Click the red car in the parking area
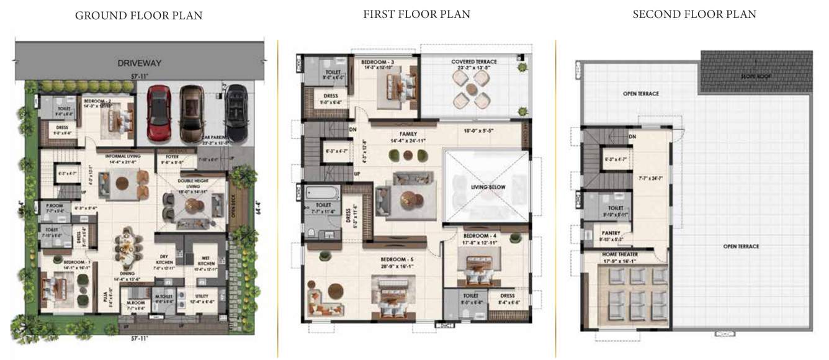pyautogui.click(x=159, y=112)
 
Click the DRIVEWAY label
pyautogui.click(x=140, y=63)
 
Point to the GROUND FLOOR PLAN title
pyautogui.click(x=138, y=16)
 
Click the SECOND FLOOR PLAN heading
pyautogui.click(x=694, y=14)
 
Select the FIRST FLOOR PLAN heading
pyautogui.click(x=416, y=14)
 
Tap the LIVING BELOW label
pyautogui.click(x=488, y=187)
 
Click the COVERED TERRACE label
pyautogui.click(x=473, y=62)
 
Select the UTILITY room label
pyautogui.click(x=202, y=296)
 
